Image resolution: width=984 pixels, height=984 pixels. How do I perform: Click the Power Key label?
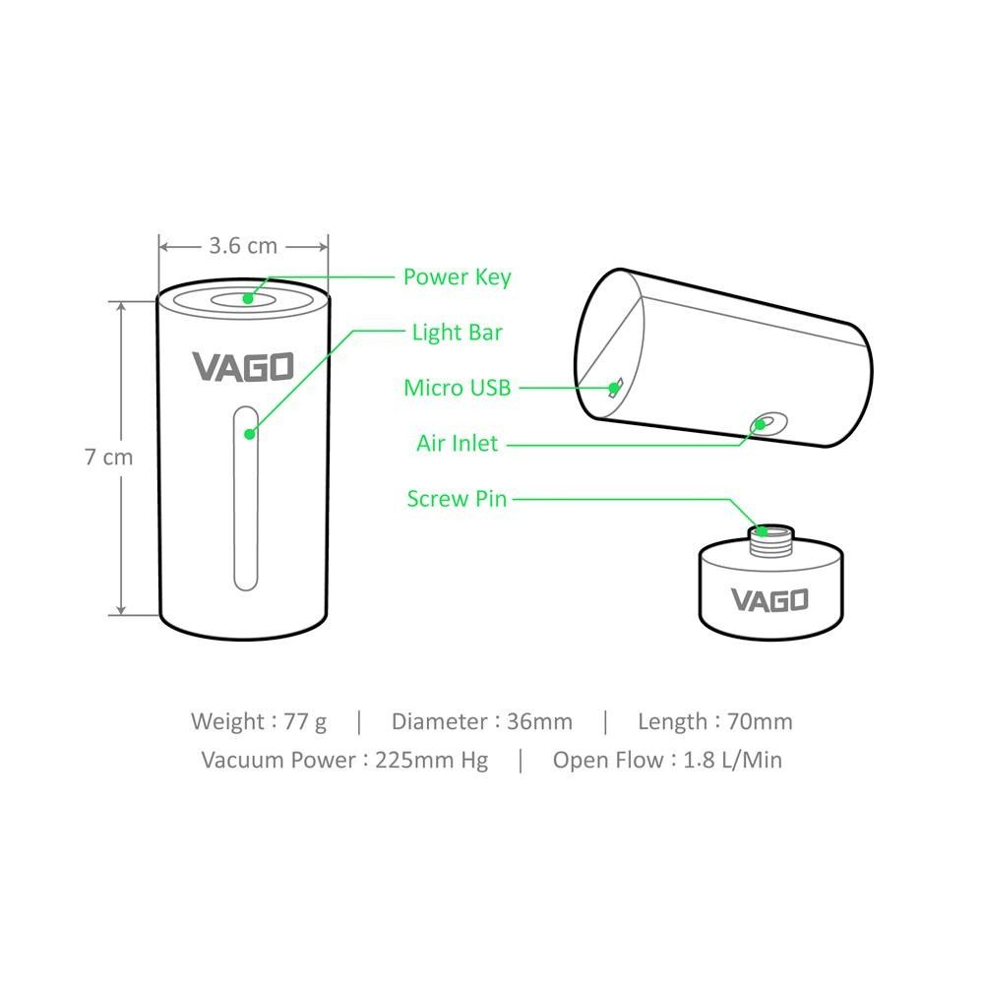(457, 277)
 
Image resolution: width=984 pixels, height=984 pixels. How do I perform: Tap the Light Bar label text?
(457, 333)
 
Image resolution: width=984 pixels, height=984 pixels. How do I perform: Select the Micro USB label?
(458, 388)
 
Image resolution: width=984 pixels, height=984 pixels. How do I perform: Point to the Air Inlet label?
(457, 444)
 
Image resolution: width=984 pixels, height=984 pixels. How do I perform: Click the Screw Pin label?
(457, 499)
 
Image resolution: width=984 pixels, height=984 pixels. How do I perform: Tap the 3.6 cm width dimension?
(243, 245)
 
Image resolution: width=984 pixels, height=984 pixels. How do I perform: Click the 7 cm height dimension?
(108, 458)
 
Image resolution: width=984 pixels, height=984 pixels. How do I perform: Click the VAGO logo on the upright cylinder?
(243, 367)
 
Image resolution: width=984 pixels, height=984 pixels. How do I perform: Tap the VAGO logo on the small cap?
(769, 599)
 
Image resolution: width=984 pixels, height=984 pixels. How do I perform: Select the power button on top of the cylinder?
(242, 298)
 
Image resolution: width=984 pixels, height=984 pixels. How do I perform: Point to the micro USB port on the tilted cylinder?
(616, 387)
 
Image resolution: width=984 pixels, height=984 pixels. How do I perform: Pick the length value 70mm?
(759, 721)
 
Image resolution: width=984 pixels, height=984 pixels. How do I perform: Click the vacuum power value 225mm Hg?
(432, 760)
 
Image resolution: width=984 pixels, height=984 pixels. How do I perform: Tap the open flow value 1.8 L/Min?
(732, 760)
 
